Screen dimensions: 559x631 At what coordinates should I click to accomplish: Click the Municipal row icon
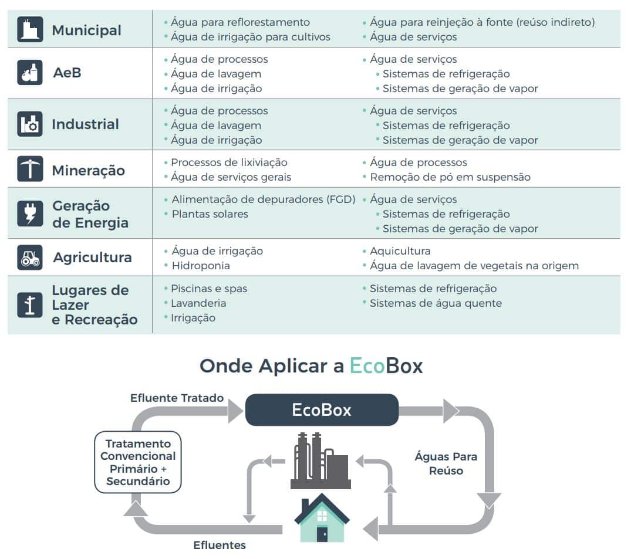[x=30, y=29]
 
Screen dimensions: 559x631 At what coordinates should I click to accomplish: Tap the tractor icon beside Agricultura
[x=30, y=258]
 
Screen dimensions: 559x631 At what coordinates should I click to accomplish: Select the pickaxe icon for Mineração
[x=30, y=170]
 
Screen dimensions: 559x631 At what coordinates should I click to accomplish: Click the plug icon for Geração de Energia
[x=30, y=214]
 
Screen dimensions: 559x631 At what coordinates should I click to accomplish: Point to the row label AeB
[x=66, y=73]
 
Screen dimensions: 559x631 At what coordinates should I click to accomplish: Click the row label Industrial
[x=85, y=124]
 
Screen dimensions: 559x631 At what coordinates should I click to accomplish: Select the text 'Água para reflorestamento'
[x=240, y=22]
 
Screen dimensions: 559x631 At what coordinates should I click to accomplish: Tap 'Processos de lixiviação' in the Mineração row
[x=229, y=162]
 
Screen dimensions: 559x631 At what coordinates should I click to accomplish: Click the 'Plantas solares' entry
[x=210, y=214]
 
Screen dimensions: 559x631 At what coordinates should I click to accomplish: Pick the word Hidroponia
[x=200, y=266]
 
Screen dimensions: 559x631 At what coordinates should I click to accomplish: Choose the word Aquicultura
[x=400, y=251]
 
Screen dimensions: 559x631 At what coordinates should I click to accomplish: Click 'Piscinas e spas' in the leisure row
[x=209, y=289]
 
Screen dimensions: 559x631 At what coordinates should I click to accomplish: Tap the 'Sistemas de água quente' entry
[x=436, y=303]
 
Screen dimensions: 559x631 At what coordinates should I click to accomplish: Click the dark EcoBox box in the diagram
[x=322, y=409]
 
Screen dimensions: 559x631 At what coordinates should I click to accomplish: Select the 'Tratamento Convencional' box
[x=138, y=462]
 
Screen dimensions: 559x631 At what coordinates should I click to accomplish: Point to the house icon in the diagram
[x=322, y=519]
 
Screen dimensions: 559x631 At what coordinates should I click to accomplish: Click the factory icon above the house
[x=320, y=462]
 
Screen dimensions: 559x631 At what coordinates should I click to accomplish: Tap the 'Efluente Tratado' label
[x=177, y=398]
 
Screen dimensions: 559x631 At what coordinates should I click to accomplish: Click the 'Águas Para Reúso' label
[x=446, y=463]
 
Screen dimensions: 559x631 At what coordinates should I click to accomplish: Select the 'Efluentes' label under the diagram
[x=220, y=546]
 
